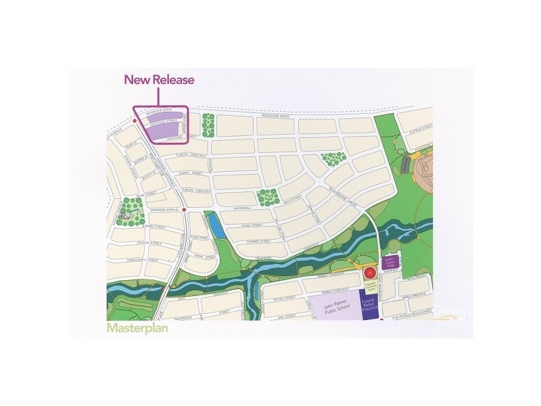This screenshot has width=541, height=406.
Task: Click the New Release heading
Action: pyautogui.click(x=158, y=80)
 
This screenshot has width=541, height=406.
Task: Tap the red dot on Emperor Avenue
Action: pyautogui.click(x=184, y=210)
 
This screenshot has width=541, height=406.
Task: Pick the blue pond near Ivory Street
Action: pyautogui.click(x=216, y=225)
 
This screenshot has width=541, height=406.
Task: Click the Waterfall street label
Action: pyautogui.click(x=241, y=208)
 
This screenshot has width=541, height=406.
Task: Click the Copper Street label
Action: pyautogui.click(x=258, y=240)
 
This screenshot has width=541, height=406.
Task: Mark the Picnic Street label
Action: pyautogui.click(x=285, y=297)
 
